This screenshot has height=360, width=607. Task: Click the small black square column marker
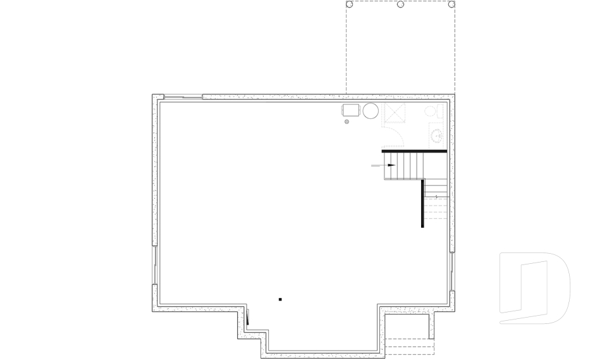pyautogui.click(x=280, y=299)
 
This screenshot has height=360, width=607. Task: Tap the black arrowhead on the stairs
pyautogui.click(x=391, y=165)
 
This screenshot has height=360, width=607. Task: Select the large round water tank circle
pyautogui.click(x=371, y=111)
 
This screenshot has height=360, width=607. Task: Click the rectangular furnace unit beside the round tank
pyautogui.click(x=351, y=111)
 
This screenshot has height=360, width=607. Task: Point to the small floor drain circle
pyautogui.click(x=346, y=121)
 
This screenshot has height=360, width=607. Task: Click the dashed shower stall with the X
pyautogui.click(x=397, y=113)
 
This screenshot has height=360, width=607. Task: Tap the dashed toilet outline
pyautogui.click(x=432, y=112)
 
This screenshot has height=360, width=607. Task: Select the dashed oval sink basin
pyautogui.click(x=437, y=135)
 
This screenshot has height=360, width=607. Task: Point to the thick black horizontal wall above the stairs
pyautogui.click(x=414, y=151)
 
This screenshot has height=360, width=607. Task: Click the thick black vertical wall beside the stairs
pyautogui.click(x=421, y=202)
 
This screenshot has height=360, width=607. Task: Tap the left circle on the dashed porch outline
pyautogui.click(x=349, y=4)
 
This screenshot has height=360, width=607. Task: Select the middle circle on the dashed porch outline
pyautogui.click(x=400, y=4)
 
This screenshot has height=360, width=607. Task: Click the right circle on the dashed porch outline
pyautogui.click(x=451, y=4)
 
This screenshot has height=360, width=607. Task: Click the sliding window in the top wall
pyautogui.click(x=182, y=97)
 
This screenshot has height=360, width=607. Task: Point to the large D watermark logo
pyautogui.click(x=534, y=288)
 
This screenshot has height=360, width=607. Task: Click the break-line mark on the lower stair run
pyautogui.click(x=436, y=197)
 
